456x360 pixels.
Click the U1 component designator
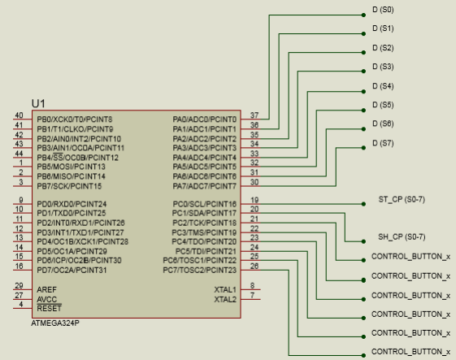[38, 103]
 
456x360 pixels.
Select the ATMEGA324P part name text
[55, 323]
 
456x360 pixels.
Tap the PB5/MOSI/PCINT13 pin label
[71, 167]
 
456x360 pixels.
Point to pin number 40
[19, 115]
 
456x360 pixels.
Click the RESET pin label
[49, 308]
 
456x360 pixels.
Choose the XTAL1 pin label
[225, 289]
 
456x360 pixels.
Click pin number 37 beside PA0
[254, 115]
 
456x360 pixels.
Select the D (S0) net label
[383, 10]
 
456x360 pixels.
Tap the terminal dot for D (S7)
[363, 148]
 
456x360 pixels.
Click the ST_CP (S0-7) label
[402, 199]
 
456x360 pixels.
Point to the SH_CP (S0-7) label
[402, 237]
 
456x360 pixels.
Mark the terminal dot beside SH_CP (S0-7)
[363, 241]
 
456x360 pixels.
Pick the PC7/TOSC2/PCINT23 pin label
[199, 270]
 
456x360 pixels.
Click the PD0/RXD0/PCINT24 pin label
[72, 204]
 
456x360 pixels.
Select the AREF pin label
[46, 289]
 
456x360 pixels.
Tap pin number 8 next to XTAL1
[253, 285]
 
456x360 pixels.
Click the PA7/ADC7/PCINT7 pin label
[205, 186]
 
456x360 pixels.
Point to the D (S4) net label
[383, 86]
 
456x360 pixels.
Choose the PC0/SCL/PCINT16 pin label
[205, 204]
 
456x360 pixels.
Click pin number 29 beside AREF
[19, 285]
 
